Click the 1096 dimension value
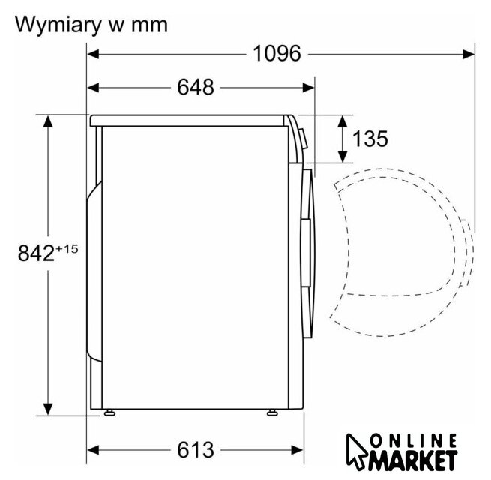tap(277, 53)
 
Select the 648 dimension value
tap(196, 87)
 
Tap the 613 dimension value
tap(196, 449)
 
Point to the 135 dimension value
tap(370, 139)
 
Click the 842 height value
tap(36, 253)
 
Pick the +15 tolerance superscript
tap(67, 249)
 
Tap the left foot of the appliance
tap(109, 412)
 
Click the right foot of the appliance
tap(271, 412)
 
